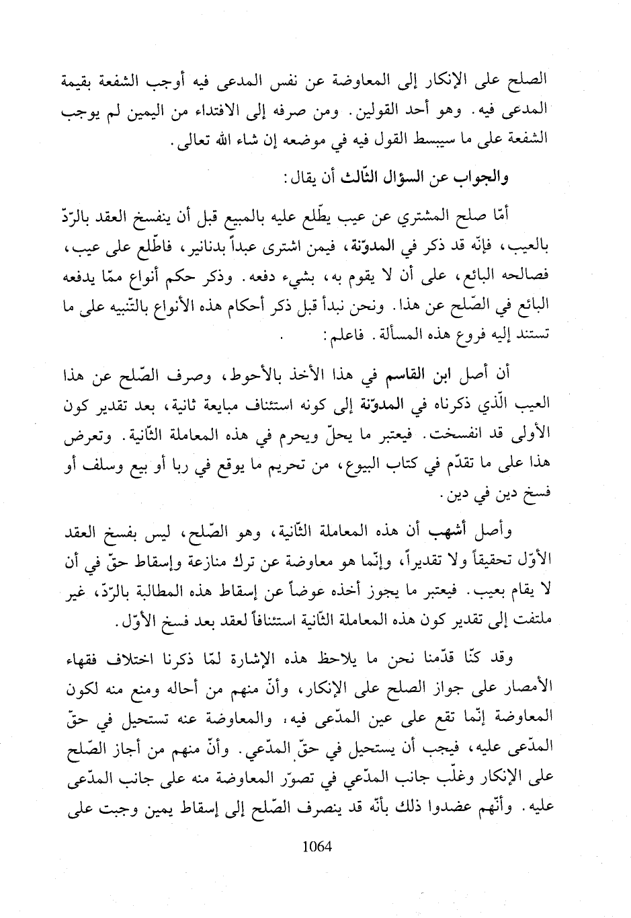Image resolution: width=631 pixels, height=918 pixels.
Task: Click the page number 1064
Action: point(318,846)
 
